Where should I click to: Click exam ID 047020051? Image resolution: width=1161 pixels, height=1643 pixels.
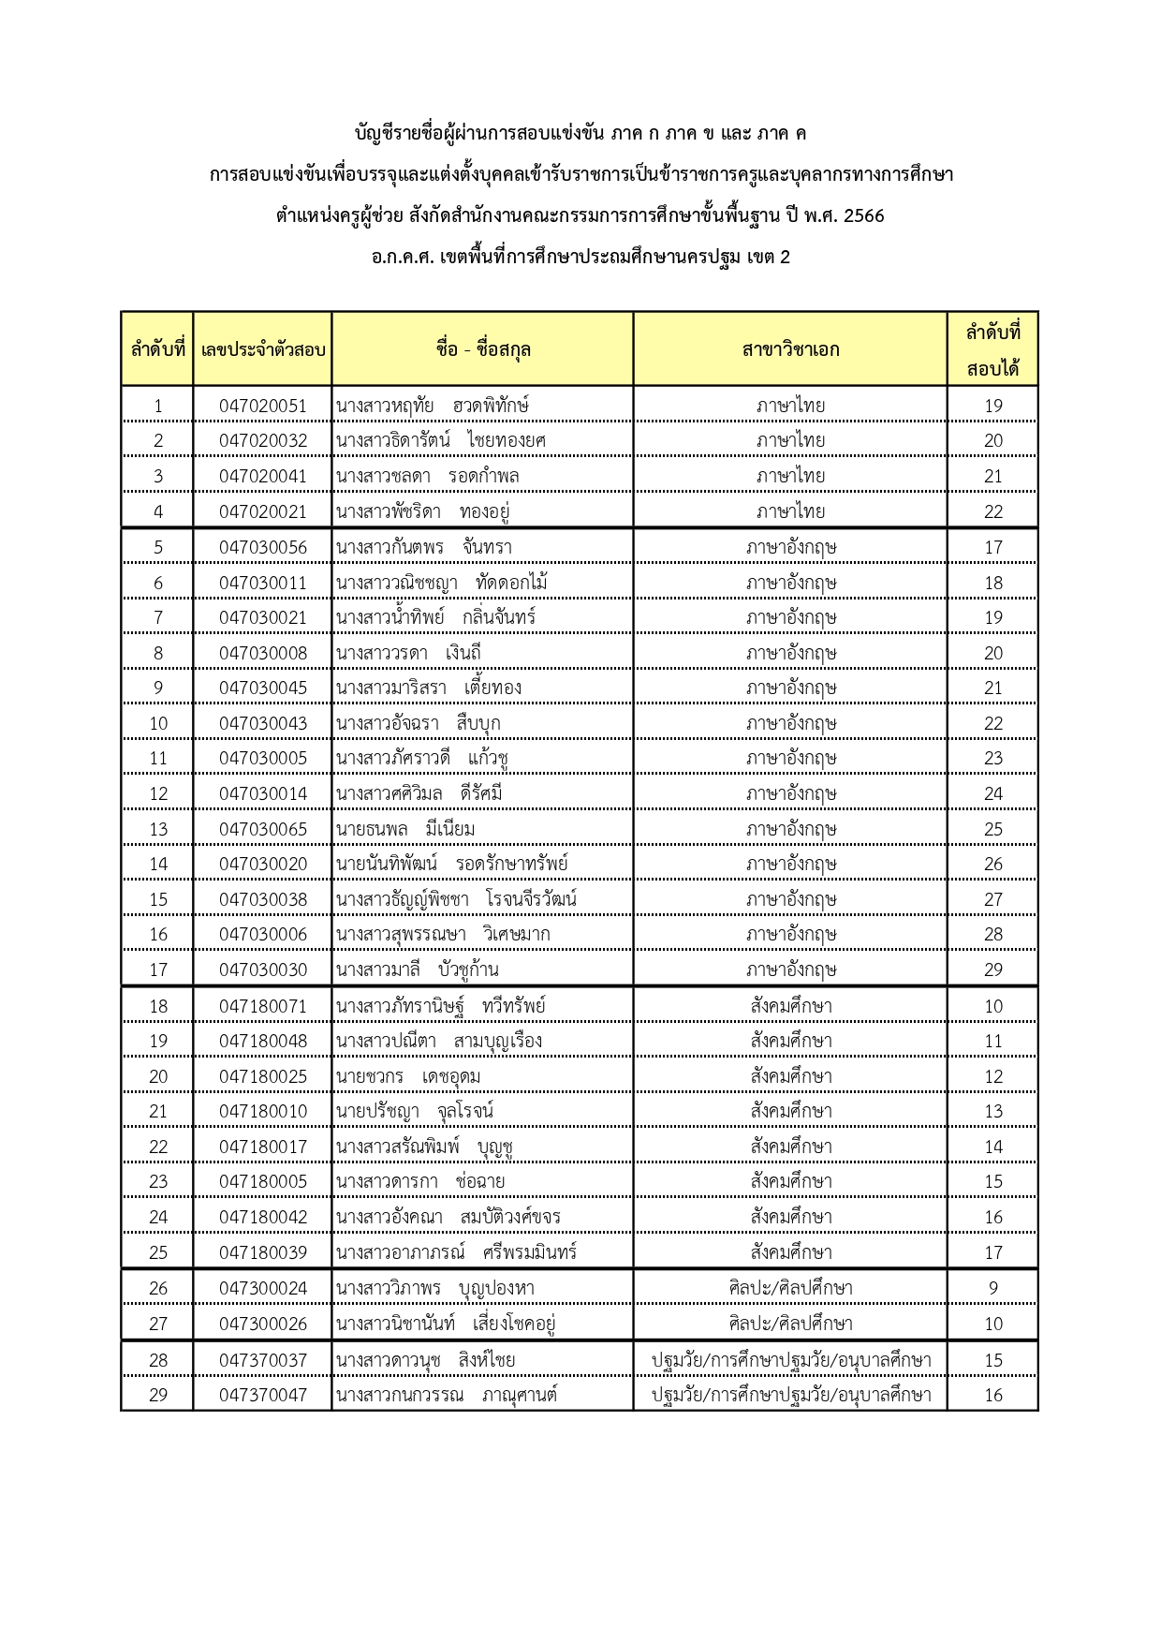point(262,406)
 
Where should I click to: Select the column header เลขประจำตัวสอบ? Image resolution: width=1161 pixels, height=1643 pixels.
point(262,349)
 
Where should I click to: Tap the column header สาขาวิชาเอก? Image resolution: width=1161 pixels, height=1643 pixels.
point(790,349)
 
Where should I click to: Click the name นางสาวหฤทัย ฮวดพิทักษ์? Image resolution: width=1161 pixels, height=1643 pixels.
point(432,406)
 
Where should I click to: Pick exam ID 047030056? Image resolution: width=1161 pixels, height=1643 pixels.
point(262,547)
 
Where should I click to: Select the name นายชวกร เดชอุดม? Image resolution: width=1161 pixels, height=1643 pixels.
point(408,1076)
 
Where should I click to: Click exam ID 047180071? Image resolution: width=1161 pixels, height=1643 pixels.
point(262,1006)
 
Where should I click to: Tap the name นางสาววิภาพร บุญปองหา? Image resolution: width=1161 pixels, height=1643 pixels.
point(435,1288)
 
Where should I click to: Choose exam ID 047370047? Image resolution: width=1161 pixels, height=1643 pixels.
point(262,1395)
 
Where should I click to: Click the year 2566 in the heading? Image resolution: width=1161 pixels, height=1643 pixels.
point(863,216)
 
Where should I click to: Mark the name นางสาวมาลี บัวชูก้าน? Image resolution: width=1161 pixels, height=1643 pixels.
point(418,970)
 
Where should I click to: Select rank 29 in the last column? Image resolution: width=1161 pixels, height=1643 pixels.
point(992,970)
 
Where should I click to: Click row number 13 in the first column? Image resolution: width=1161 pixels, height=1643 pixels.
point(158,829)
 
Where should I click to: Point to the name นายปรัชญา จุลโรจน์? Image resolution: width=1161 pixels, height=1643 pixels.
point(415,1111)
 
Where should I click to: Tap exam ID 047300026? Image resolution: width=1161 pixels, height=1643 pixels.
point(262,1324)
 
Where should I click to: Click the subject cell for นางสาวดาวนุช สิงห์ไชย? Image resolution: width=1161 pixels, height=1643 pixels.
point(790,1360)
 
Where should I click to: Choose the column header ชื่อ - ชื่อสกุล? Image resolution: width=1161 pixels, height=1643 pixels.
point(482,349)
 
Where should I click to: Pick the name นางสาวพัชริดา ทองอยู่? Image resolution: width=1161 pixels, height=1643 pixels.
point(422,511)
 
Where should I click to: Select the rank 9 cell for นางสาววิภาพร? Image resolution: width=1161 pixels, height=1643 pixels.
point(992,1288)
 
